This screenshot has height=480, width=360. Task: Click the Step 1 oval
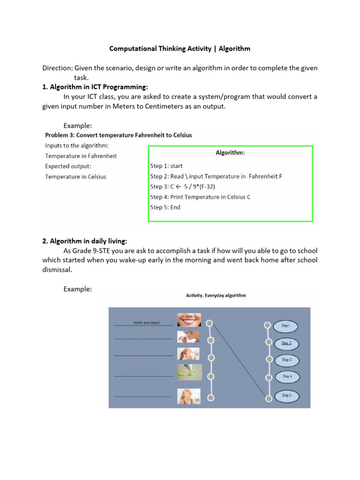285,325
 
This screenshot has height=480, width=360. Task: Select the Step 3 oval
286,360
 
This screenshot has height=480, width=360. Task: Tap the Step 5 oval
286,396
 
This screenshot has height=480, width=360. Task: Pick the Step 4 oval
286,376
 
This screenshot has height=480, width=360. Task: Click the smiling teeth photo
189,320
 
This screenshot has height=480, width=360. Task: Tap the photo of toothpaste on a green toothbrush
189,373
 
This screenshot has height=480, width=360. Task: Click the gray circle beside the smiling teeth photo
210,323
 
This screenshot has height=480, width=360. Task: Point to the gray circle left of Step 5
269,398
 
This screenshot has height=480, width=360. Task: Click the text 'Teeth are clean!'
146,322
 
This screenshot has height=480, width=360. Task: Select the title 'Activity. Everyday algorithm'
216,295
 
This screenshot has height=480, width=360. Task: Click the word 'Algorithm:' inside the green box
230,152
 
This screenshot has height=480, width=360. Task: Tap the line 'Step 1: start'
166,166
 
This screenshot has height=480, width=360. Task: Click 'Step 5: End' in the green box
165,207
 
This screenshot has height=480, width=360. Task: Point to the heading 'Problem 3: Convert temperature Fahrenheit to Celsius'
118,135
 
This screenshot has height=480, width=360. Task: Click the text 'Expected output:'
68,166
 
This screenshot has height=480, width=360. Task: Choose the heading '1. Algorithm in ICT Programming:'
95,87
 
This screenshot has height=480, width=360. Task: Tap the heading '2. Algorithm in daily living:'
84,241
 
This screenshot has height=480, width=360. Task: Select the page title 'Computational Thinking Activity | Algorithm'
180,49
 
